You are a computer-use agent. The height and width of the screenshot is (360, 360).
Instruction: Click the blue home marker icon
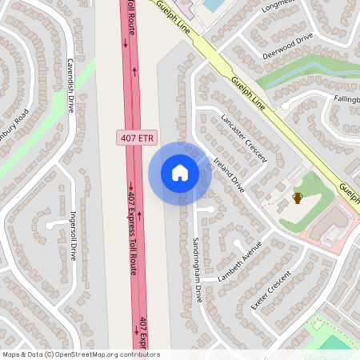point(179,172)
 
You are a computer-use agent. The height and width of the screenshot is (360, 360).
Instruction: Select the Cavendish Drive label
point(70,84)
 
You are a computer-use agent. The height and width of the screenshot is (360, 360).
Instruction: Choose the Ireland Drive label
point(229,174)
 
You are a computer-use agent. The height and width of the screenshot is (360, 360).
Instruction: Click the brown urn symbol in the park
point(298,198)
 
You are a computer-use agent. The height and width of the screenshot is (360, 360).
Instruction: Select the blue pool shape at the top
point(213,5)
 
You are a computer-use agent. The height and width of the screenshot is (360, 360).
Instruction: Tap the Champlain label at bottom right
point(323,356)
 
